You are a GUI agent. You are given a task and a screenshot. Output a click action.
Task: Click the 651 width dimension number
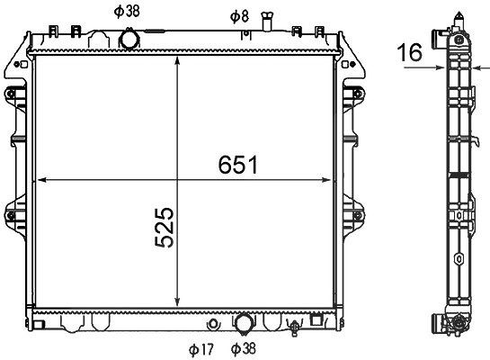238,165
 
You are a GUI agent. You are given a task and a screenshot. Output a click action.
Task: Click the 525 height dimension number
164,228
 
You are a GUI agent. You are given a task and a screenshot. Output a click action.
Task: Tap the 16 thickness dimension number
409,52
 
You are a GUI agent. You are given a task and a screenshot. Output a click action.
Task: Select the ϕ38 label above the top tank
127,12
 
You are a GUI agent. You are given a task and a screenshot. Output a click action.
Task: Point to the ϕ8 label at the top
239,16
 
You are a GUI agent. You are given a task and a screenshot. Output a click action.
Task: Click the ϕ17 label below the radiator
200,349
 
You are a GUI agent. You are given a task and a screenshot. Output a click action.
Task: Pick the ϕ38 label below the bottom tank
243,348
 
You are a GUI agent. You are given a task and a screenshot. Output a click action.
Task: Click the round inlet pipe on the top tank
129,39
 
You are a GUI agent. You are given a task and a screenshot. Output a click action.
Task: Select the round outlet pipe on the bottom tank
244,323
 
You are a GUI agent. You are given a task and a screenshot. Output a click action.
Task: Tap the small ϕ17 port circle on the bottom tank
213,324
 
